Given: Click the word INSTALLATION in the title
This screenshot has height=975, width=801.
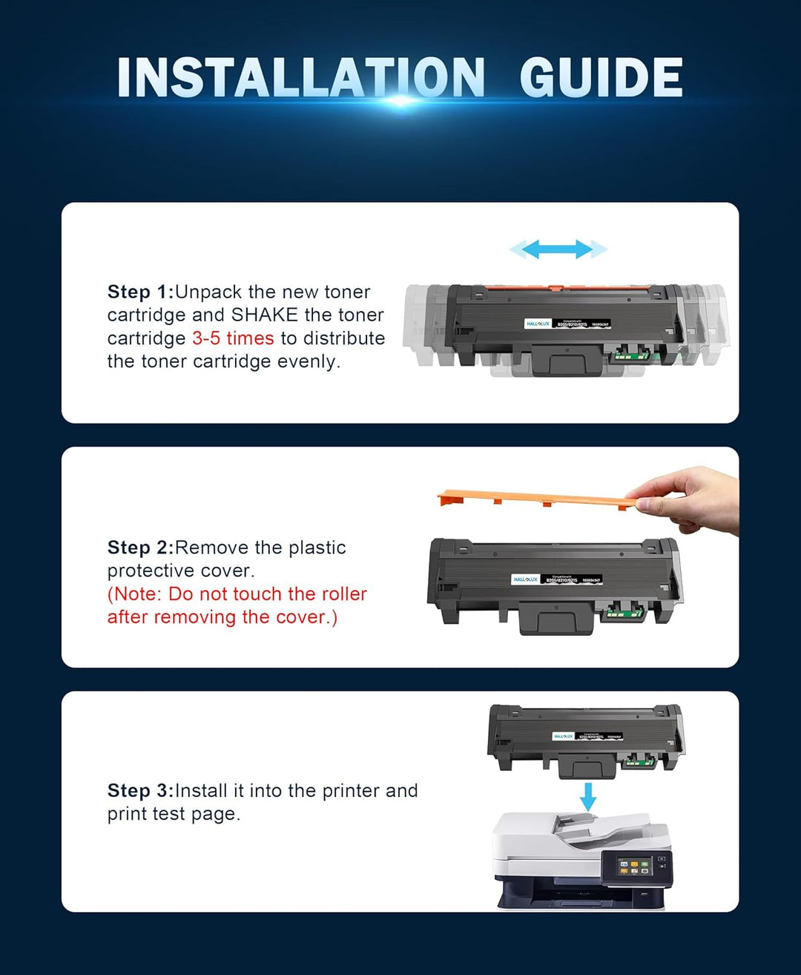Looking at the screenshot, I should click(x=300, y=78).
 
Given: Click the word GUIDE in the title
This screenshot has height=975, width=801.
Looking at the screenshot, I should click(x=601, y=78).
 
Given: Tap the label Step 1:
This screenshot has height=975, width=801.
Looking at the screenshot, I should click(x=140, y=292).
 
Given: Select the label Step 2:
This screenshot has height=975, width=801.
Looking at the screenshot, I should click(x=140, y=548).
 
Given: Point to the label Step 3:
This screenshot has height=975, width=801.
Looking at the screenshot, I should click(x=140, y=791).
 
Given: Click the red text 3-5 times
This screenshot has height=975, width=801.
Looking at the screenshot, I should click(x=233, y=338).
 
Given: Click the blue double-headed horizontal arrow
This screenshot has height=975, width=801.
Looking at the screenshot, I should click(x=558, y=249).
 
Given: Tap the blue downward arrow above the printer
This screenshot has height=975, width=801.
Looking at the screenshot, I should click(x=587, y=796).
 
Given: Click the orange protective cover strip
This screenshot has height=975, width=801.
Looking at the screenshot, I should click(x=534, y=499).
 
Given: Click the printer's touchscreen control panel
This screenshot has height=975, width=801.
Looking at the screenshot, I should click(x=635, y=866).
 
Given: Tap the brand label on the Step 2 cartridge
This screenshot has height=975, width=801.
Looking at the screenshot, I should click(x=525, y=580).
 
